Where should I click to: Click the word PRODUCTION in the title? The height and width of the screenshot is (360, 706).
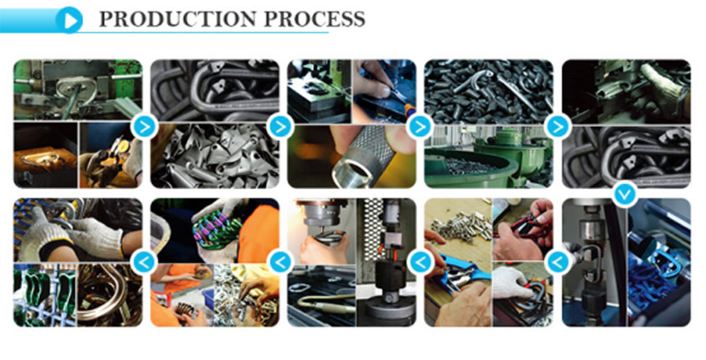tap(179, 19)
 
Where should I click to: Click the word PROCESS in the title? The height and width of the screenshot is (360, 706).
tap(314, 19)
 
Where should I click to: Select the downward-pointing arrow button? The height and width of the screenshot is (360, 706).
tap(625, 194)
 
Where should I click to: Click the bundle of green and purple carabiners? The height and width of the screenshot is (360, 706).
tap(215, 232)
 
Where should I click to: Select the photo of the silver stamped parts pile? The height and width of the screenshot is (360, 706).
tap(215, 156)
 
